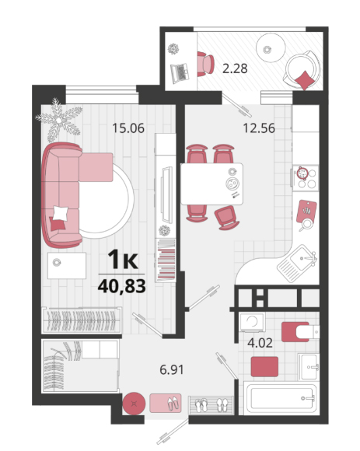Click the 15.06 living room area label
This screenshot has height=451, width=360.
click(x=128, y=128)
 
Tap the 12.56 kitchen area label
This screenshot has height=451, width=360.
click(x=259, y=128)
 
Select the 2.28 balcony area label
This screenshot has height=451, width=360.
click(x=235, y=68)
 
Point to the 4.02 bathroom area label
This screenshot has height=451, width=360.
click(x=260, y=343)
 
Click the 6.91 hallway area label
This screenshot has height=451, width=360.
click(x=172, y=369)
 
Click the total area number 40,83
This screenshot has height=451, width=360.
click(x=121, y=286)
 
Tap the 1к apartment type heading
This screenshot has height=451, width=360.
click(x=123, y=260)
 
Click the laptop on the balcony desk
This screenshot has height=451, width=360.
click(x=180, y=73)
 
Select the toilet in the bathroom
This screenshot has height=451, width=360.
click(x=300, y=332)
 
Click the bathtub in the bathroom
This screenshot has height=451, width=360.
click(x=281, y=398)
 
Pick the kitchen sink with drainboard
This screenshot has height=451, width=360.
click(x=297, y=263)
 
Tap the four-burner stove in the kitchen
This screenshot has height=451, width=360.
click(x=306, y=178)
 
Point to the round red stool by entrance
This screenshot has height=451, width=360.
click(x=134, y=404)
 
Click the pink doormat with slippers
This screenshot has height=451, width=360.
click(x=166, y=403)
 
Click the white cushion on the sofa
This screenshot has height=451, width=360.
click(x=61, y=213)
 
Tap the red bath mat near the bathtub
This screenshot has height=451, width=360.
click(x=264, y=366)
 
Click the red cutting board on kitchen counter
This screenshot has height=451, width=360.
click(x=306, y=212)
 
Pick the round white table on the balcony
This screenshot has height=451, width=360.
click(x=271, y=47)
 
